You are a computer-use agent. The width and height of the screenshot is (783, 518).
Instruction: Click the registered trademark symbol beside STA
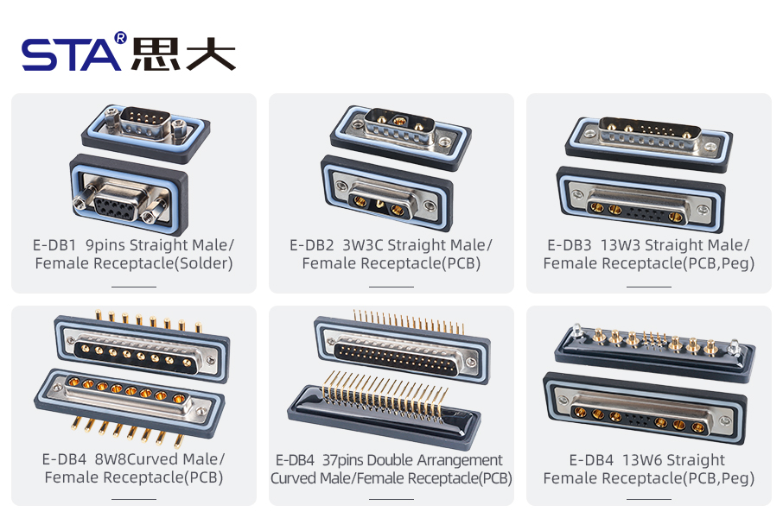[x=120, y=38]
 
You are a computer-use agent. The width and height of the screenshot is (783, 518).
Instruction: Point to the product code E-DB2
[x=312, y=246]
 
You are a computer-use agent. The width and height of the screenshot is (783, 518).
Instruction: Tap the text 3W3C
[x=363, y=246]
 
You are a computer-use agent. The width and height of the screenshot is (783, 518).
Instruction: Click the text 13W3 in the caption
[x=621, y=246]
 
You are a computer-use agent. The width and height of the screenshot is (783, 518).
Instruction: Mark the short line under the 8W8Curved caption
[x=134, y=499]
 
